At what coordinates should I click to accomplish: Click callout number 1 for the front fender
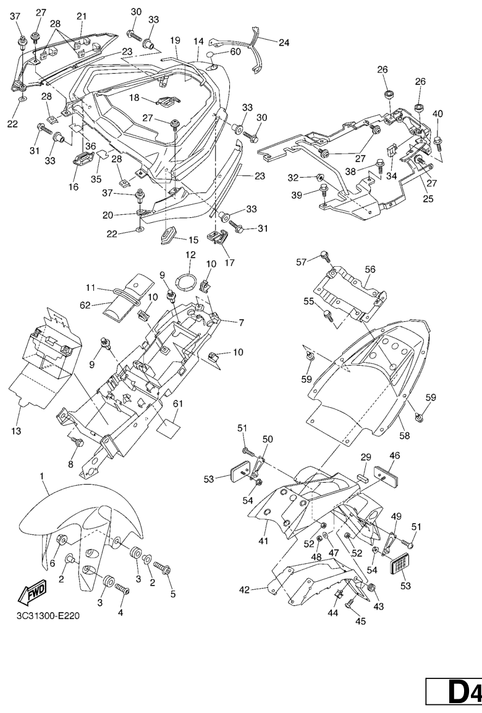(42, 477)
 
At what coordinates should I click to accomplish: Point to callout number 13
(14, 431)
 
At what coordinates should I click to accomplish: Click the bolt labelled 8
(78, 442)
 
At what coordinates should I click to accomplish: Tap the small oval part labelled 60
(211, 54)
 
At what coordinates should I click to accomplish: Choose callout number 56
(370, 270)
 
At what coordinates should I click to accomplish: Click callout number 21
(82, 16)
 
